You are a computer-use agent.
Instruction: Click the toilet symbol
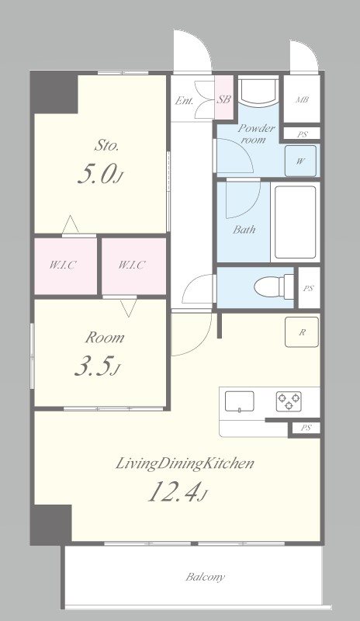[x=274, y=286]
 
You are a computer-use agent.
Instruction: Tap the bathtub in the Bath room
[x=295, y=222]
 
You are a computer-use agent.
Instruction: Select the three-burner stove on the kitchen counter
[x=289, y=401]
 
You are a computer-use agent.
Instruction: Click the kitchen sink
[x=240, y=401]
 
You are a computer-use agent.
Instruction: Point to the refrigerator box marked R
[x=302, y=332]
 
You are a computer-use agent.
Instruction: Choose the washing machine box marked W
[x=300, y=161]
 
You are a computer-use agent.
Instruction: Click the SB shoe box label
[x=223, y=99]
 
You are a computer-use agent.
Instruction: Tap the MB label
[x=302, y=100]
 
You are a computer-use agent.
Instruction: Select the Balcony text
[x=205, y=577]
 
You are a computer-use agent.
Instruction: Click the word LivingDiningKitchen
[x=184, y=463]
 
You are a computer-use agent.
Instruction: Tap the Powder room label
[x=256, y=134]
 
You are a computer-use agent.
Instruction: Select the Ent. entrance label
[x=184, y=101]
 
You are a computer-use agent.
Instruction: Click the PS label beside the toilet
[x=308, y=288]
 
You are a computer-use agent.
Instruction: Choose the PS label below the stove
[x=306, y=428]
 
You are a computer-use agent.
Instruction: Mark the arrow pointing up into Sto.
[x=71, y=224]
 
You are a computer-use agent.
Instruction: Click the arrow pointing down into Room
[x=128, y=307]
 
